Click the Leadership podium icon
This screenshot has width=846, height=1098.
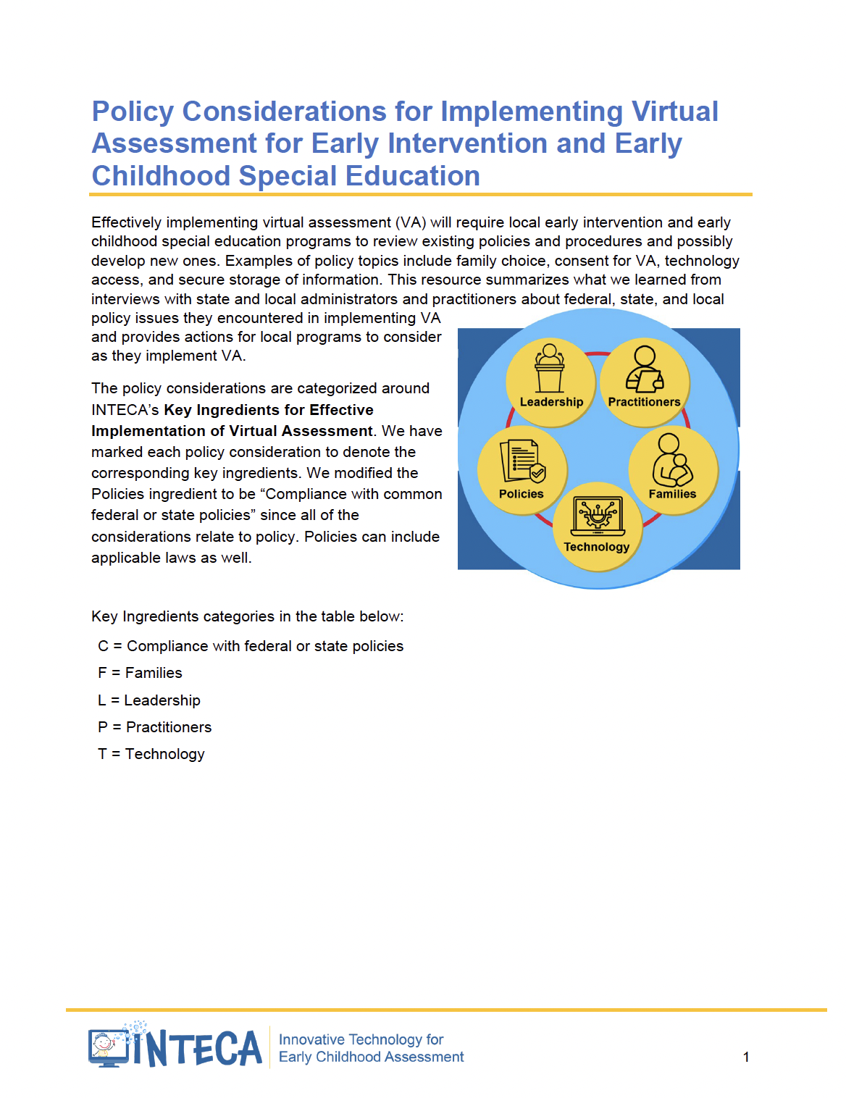tap(550, 367)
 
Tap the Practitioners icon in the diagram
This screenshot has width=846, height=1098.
tap(644, 369)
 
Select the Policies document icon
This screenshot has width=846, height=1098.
tap(522, 461)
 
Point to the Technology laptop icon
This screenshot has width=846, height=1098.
tap(598, 516)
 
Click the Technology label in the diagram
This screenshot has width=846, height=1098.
tap(597, 547)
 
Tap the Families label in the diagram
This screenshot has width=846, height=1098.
tap(672, 494)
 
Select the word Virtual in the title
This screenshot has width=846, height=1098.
tap(674, 112)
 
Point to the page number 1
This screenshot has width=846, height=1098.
tap(746, 1057)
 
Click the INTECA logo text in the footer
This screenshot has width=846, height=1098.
tap(197, 1048)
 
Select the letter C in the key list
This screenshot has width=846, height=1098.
tap(103, 646)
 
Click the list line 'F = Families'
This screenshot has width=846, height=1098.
tap(140, 673)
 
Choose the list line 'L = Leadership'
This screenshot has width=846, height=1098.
tap(149, 700)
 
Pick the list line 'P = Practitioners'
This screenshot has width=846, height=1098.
tap(155, 727)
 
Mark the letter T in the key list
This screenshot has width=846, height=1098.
tap(102, 754)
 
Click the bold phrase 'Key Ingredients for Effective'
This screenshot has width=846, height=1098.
tap(269, 410)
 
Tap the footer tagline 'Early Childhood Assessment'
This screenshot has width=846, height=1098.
tap(371, 1057)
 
